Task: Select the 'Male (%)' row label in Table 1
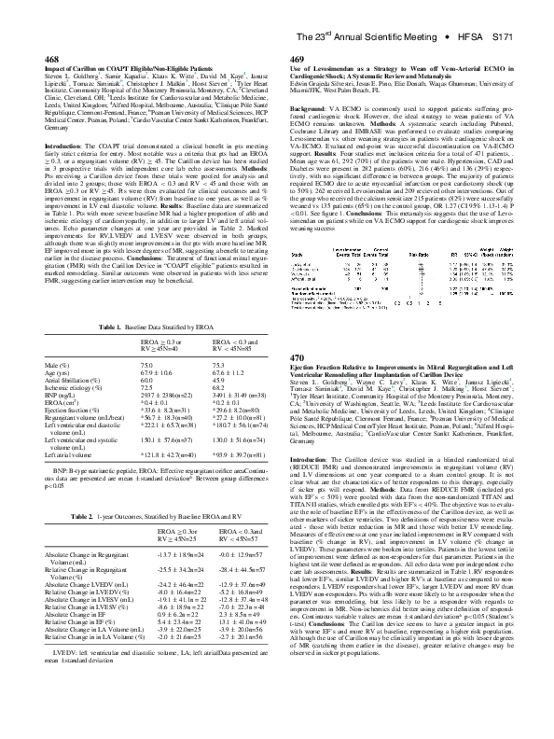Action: point(60,364)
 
